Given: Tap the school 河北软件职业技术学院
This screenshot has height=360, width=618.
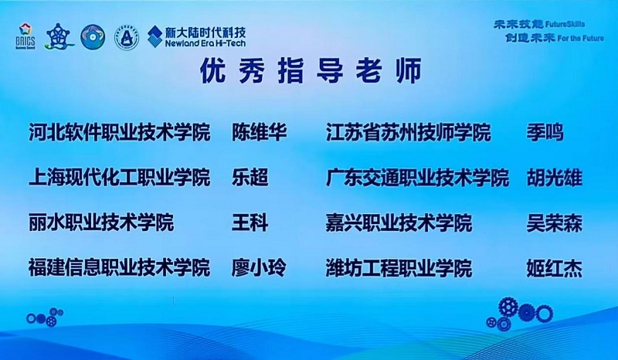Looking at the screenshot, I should tap(119, 133).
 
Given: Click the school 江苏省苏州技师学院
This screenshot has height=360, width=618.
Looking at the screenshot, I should tap(408, 133).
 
